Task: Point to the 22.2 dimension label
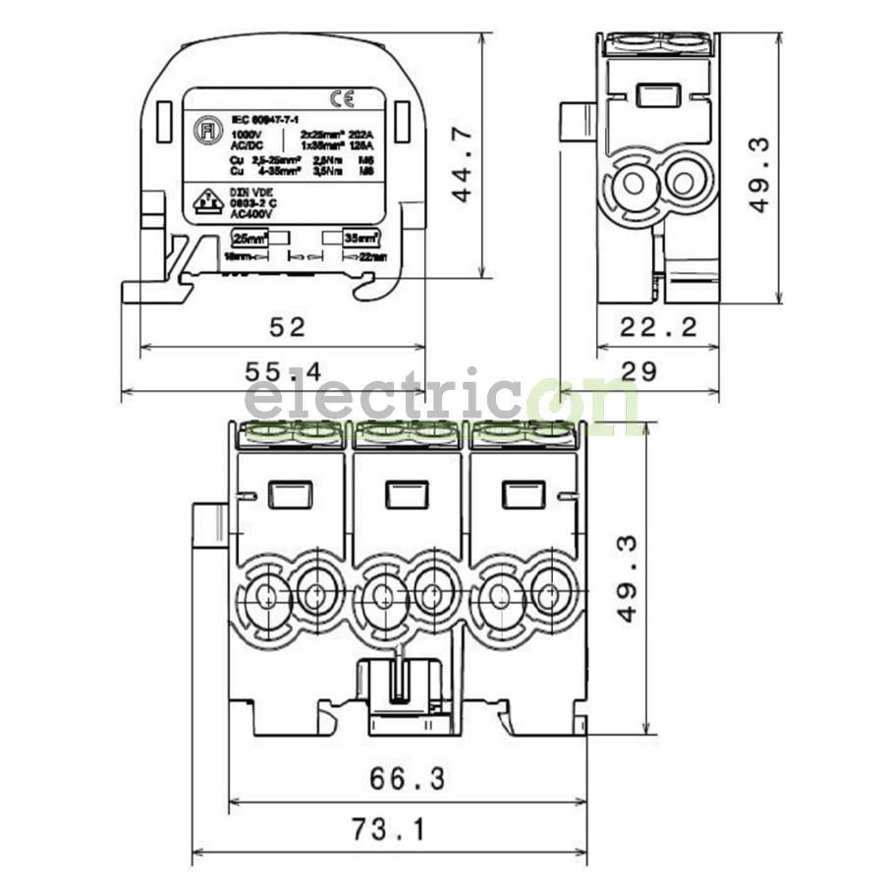658,327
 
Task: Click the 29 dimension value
638,373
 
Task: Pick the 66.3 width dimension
407,779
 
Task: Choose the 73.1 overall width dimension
389,831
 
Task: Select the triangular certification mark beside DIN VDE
205,201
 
